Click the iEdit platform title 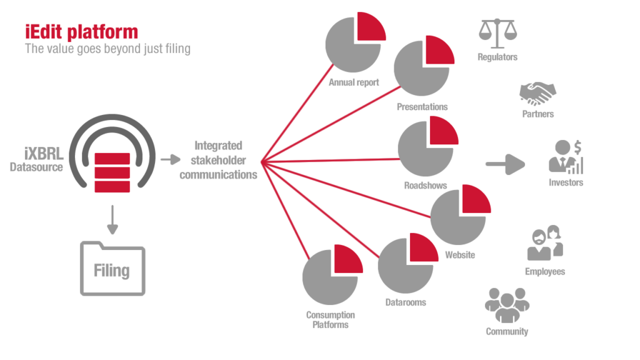pos(81,32)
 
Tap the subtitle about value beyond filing pos(107,48)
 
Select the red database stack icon pos(112,172)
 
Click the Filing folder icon pos(112,267)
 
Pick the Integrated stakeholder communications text pos(218,161)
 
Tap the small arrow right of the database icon pos(170,159)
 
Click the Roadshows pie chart pos(427,147)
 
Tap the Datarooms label pos(405,302)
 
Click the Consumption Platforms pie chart pos(331,276)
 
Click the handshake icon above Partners pos(537,94)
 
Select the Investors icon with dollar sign pos(566,157)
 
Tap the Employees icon pos(544,243)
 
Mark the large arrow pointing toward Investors pos(505,164)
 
